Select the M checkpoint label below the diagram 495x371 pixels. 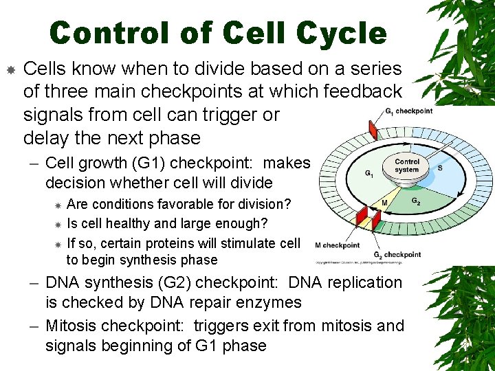pos(337,245)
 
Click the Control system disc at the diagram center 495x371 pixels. pos(407,167)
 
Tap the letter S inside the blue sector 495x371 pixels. pos(439,167)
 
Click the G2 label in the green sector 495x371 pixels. pos(417,201)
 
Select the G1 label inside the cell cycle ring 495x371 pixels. pos(369,175)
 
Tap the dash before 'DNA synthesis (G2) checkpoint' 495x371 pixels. pos(35,283)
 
